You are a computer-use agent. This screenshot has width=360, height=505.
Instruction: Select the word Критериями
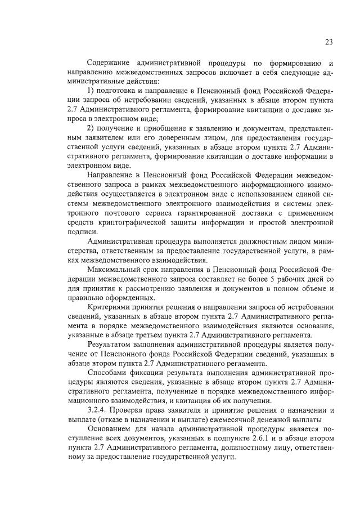click(111, 307)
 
